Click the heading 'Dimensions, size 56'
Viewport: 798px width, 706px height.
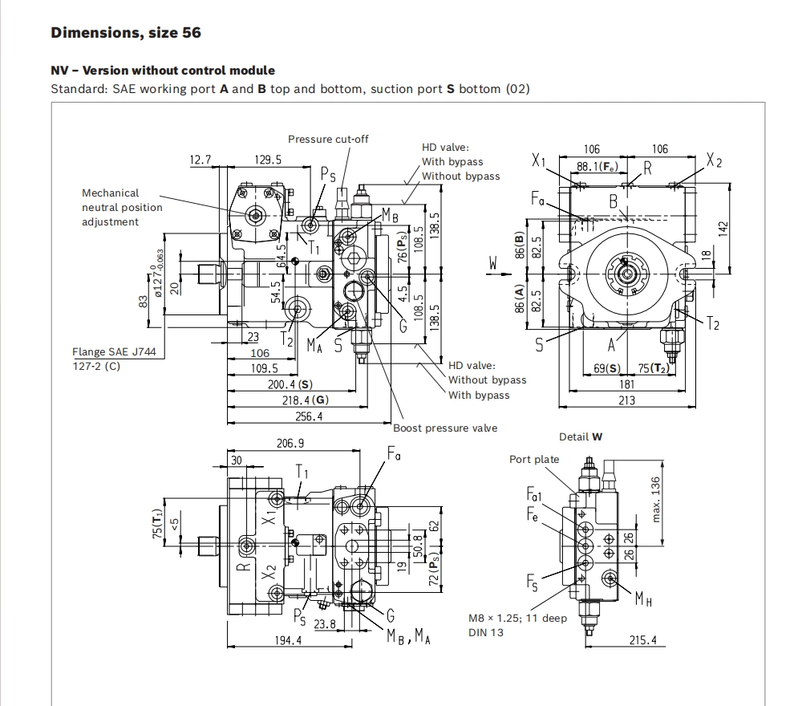126,33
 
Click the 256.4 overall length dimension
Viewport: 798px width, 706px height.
309,416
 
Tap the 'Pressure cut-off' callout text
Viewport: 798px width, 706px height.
328,139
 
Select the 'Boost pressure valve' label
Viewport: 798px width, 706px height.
445,428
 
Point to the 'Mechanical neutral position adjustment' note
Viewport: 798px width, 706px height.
122,207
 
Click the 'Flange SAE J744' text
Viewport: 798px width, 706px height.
114,351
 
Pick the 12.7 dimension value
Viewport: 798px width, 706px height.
200,160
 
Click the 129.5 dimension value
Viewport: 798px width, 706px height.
268,160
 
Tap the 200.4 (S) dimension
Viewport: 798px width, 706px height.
290,384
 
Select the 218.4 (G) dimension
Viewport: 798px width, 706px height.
306,400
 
